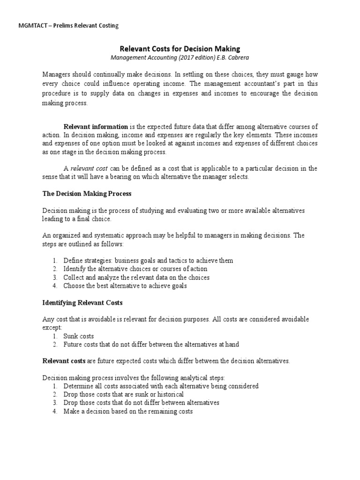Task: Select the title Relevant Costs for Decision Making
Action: click(180, 48)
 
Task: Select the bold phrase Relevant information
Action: click(96, 127)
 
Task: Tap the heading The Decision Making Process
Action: click(87, 193)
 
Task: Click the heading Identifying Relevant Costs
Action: click(82, 303)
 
